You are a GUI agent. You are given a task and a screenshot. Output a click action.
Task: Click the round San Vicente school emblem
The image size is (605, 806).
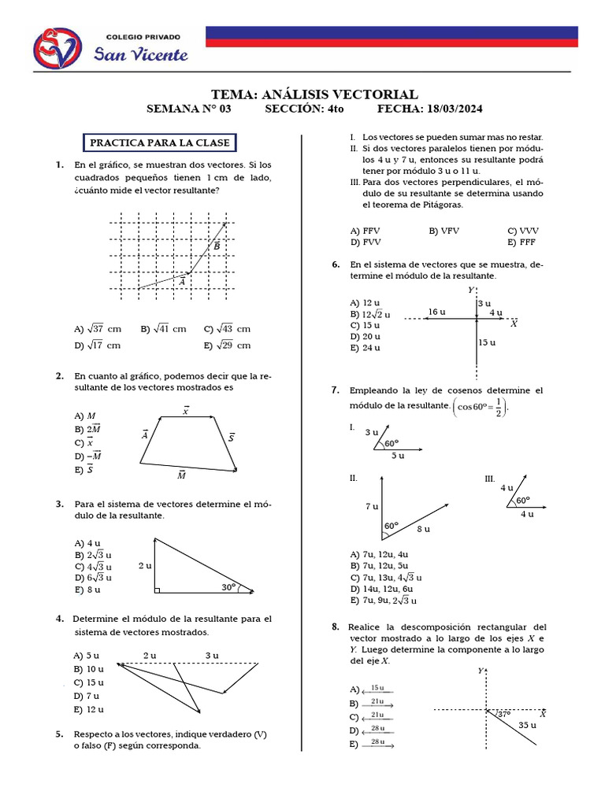[x=57, y=48]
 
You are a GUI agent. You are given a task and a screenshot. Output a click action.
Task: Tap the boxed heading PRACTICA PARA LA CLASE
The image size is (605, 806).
[x=160, y=143]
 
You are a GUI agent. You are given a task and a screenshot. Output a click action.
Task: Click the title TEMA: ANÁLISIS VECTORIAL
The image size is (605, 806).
[x=315, y=94]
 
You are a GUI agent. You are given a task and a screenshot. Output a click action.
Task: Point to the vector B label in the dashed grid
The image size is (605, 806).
[x=217, y=247]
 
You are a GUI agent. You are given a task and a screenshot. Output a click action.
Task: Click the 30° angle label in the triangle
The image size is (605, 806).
[x=229, y=586]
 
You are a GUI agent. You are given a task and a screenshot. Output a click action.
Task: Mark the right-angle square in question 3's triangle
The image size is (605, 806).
[x=158, y=589]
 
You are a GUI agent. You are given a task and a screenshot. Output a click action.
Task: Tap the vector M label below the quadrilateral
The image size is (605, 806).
[x=182, y=475]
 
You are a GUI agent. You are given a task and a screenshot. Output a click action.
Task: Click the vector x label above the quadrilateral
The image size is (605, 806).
[x=186, y=410]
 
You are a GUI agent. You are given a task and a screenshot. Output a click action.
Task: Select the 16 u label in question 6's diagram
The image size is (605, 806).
[x=436, y=312]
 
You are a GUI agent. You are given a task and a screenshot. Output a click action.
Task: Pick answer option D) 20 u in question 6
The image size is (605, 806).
[x=365, y=336]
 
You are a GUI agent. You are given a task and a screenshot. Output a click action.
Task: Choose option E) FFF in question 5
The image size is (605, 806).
[x=521, y=242]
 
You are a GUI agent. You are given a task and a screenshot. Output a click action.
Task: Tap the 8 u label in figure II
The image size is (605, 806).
[x=422, y=529]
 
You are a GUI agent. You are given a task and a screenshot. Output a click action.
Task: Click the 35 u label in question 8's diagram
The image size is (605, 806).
[x=529, y=725]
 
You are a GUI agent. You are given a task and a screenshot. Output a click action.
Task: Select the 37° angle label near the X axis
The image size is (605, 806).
[x=503, y=714]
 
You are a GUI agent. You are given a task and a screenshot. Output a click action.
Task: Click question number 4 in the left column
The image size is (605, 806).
[x=60, y=619]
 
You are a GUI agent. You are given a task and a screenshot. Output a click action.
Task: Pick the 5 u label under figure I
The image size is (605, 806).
[x=398, y=456]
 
